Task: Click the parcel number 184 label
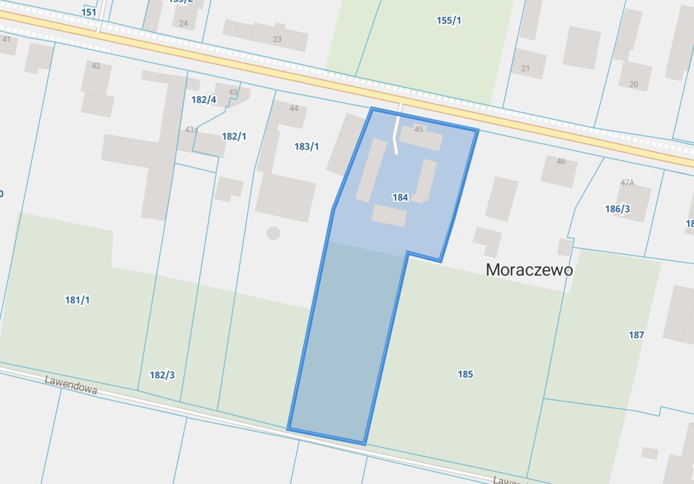click(400, 198)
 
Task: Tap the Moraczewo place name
click(529, 270)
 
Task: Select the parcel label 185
click(465, 374)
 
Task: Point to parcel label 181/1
click(78, 300)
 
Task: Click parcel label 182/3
click(162, 375)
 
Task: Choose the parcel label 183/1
click(306, 147)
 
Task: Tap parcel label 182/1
click(234, 136)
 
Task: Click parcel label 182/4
click(204, 99)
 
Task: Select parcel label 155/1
click(449, 21)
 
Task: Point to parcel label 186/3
click(618, 209)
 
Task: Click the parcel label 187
click(636, 335)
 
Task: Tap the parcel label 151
click(88, 12)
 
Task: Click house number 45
click(419, 130)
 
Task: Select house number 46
click(561, 161)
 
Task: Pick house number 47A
click(627, 182)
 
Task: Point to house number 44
click(294, 108)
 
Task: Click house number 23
click(277, 39)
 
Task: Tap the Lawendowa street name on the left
click(71, 385)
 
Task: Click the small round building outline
click(273, 233)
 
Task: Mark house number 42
click(96, 66)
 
